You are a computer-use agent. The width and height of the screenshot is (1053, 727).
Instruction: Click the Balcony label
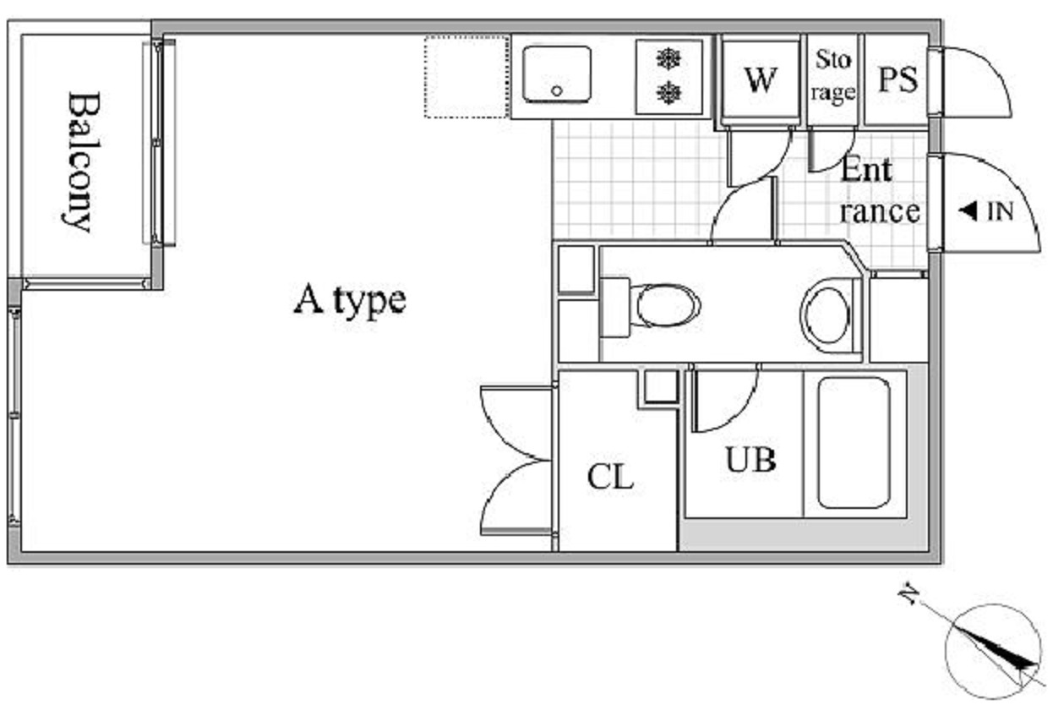coord(83,162)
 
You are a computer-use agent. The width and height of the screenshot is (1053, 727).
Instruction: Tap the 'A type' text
coord(350,301)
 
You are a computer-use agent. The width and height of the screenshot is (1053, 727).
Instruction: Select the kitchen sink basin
coord(557,74)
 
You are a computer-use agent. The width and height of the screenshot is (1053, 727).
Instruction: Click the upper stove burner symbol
coord(668,59)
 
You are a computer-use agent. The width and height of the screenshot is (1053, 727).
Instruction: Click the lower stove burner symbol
coord(668,93)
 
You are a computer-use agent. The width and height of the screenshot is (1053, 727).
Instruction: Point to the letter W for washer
coord(761,80)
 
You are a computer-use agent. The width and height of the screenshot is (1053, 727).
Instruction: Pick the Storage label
coord(833,76)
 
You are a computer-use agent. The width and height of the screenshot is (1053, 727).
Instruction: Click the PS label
coord(898,80)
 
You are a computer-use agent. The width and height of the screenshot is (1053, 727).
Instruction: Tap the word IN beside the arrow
coord(1001,211)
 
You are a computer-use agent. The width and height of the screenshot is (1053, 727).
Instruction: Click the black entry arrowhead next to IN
coord(968,210)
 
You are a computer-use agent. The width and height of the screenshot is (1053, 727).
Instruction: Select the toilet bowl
coord(668,305)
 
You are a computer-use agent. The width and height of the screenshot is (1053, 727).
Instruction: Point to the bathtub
coord(854,444)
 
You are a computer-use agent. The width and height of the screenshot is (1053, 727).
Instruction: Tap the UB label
coord(750,459)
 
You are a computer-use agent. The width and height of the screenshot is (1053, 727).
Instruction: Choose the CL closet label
coord(610,478)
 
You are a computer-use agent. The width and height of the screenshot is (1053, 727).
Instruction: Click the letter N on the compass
coord(908,596)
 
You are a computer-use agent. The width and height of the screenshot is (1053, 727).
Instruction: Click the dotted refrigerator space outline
coord(466,77)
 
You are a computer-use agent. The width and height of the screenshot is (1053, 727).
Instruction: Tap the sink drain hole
coord(557,90)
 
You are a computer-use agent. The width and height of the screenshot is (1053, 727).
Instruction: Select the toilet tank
coord(615,308)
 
